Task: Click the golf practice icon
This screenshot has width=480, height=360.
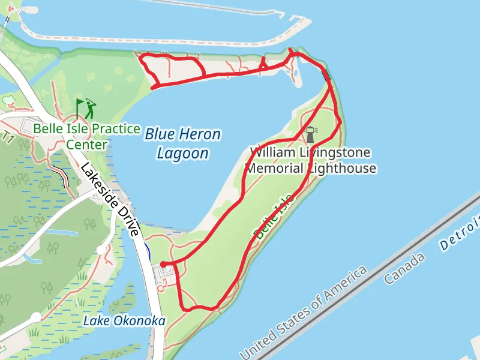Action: [x=85, y=109]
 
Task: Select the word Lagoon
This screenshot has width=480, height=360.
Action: [x=182, y=154]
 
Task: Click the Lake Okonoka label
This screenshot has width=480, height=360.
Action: [x=124, y=321]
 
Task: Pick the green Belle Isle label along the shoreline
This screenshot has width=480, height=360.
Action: [x=274, y=217]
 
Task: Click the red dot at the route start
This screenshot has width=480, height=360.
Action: [x=163, y=264]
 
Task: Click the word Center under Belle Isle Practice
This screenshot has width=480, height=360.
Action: [x=87, y=145]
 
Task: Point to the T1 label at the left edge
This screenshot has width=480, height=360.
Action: [x=8, y=137]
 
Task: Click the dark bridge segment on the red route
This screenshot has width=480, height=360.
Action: [x=326, y=76]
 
